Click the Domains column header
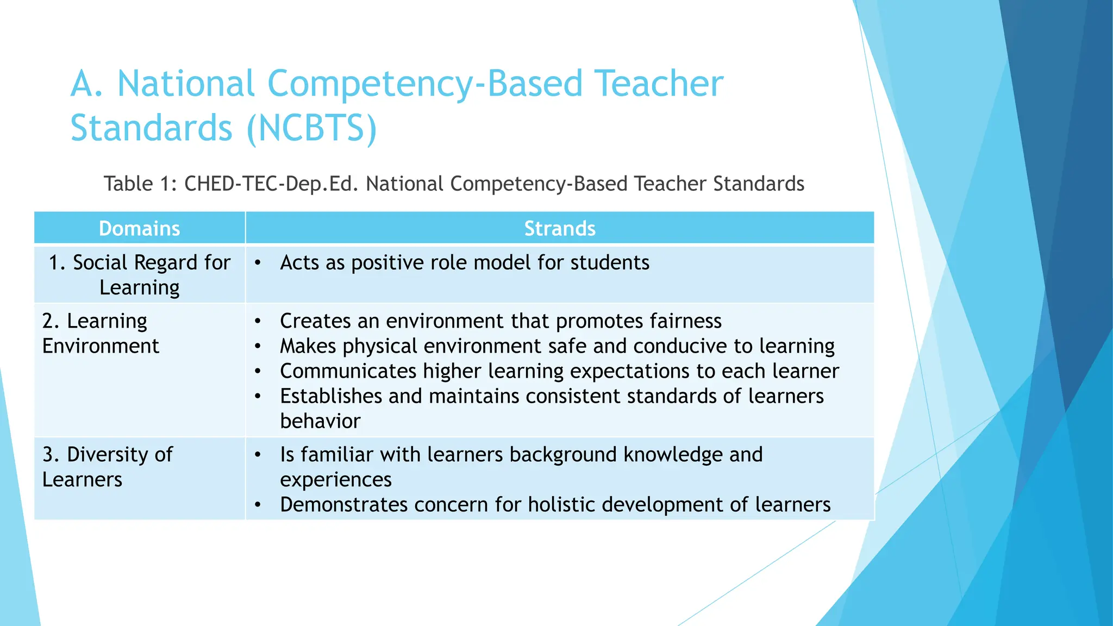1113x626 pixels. (x=139, y=229)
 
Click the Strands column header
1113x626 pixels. (x=559, y=229)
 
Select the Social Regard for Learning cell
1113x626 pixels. (x=140, y=275)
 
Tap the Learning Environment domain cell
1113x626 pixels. (x=101, y=334)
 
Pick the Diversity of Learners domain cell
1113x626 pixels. (x=107, y=467)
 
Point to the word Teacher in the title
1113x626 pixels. (x=659, y=84)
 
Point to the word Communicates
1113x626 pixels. (x=348, y=371)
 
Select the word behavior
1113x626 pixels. (x=320, y=421)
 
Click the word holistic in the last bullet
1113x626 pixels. (x=562, y=505)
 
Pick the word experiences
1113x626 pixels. (x=335, y=480)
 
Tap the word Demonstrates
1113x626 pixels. (x=343, y=505)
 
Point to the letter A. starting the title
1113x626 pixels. (x=87, y=84)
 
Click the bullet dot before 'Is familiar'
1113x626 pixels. (x=258, y=455)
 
